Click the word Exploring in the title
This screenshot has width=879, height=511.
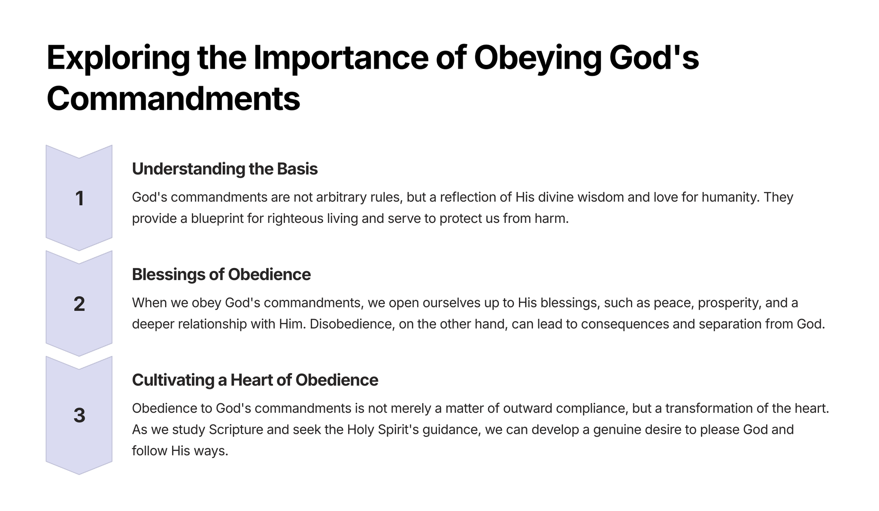(x=118, y=58)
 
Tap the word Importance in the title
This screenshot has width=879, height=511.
(x=341, y=58)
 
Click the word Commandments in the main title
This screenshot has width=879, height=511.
(x=173, y=99)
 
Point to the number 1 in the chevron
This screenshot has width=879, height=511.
(x=79, y=198)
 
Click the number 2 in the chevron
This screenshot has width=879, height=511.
(x=79, y=304)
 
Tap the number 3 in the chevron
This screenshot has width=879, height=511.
(x=79, y=415)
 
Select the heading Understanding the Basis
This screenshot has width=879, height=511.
(x=225, y=169)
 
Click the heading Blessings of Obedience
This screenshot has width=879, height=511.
(x=221, y=274)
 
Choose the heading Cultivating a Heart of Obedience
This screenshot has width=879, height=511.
(x=255, y=380)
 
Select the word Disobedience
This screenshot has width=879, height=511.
(x=352, y=324)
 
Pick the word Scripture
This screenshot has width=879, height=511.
(x=236, y=429)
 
